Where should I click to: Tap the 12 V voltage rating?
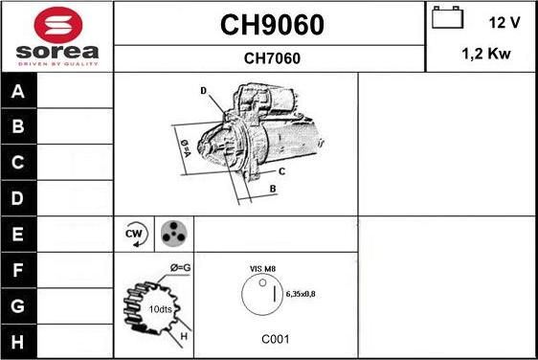[504, 22]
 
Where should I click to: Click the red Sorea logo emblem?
[57, 24]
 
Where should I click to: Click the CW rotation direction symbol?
[135, 234]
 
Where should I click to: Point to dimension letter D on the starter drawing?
[204, 91]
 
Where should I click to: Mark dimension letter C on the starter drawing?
[281, 171]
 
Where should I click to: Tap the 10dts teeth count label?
[161, 308]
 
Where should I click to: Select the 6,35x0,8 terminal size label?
[301, 293]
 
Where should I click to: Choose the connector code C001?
[275, 339]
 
